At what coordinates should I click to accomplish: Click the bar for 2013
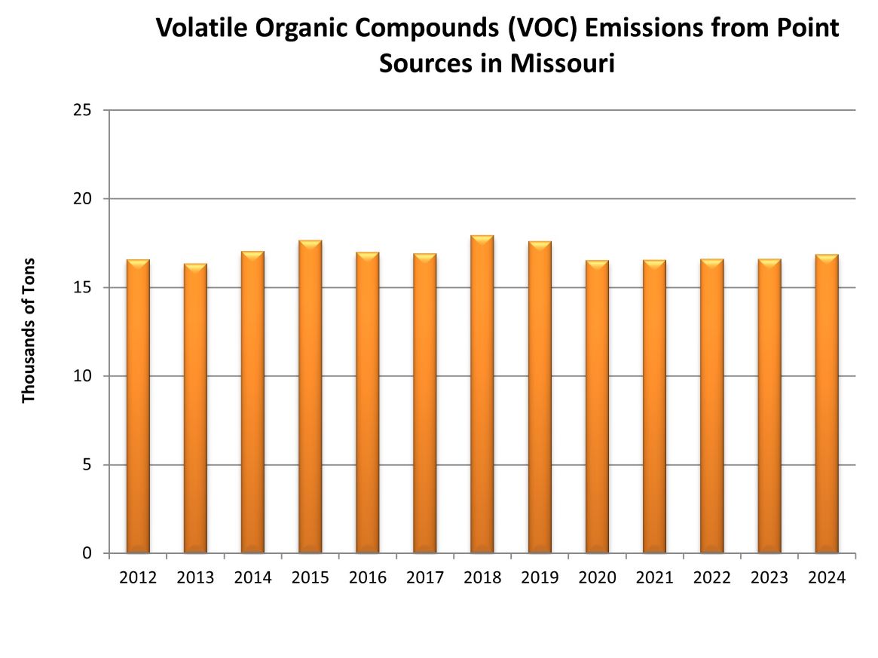pyautogui.click(x=195, y=408)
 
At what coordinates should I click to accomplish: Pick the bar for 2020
pyautogui.click(x=597, y=407)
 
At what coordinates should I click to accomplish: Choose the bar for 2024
pyautogui.click(x=827, y=404)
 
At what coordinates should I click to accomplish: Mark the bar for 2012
pyautogui.click(x=138, y=406)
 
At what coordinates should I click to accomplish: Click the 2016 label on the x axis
pyautogui.click(x=368, y=578)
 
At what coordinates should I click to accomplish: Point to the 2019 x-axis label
pyautogui.click(x=540, y=578)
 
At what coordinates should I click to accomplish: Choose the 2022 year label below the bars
pyautogui.click(x=712, y=578)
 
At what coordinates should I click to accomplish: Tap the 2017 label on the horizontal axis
pyautogui.click(x=425, y=578)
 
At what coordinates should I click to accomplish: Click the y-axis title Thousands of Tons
pyautogui.click(x=29, y=331)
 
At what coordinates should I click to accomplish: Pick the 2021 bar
pyautogui.click(x=654, y=407)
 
